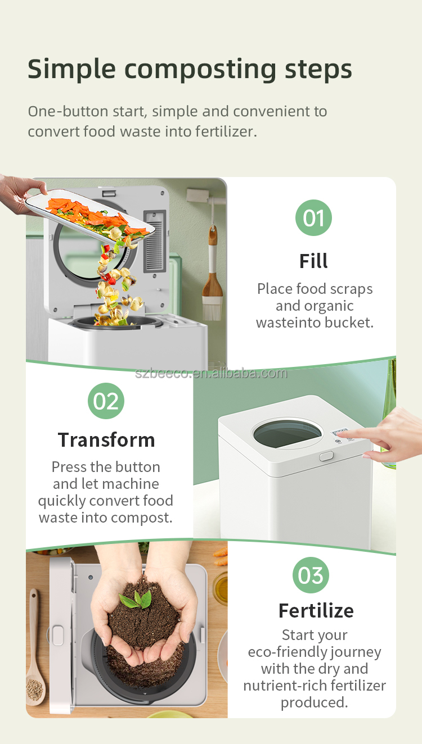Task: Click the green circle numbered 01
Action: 313,218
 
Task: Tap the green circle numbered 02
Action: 106,401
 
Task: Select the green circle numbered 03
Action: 311,575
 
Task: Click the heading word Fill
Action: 313,261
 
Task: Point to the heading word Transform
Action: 106,440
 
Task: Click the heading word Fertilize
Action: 316,611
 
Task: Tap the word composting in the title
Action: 200,70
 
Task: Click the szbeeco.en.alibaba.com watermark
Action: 211,373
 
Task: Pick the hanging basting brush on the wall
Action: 212,273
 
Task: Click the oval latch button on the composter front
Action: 326,456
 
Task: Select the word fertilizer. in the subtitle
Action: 226,131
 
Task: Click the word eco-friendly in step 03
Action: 288,652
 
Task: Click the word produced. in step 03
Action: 315,703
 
